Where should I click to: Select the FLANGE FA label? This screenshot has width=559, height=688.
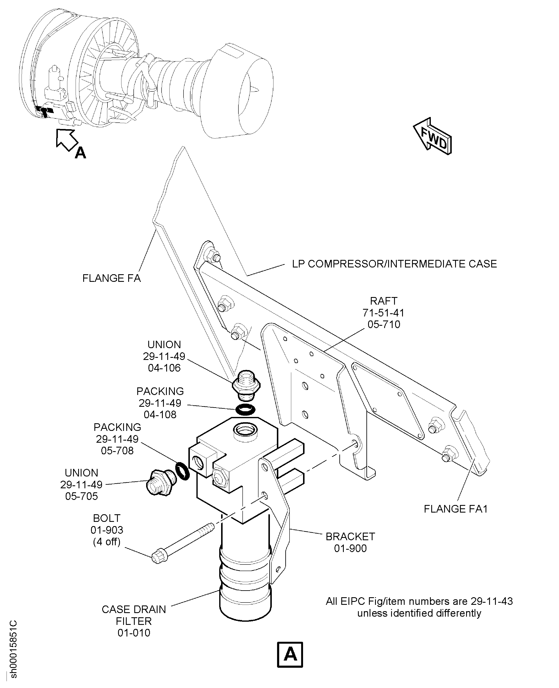coord(112,278)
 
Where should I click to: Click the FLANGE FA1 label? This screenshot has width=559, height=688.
coord(455,509)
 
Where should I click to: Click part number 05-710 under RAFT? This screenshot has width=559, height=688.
coord(384,324)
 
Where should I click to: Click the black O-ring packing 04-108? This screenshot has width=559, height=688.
coord(245,410)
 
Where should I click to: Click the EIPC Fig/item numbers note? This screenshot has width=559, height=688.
coord(419,607)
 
